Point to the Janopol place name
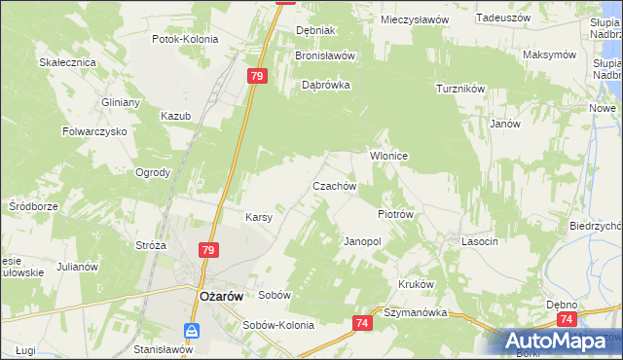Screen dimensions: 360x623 point(362,240)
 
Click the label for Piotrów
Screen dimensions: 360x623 point(396,214)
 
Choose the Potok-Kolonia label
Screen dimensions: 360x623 point(185,39)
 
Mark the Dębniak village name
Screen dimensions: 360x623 point(315,30)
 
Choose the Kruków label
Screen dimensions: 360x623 point(415,284)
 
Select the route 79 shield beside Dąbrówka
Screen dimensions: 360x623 point(257,76)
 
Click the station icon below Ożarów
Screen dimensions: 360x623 point(193,330)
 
